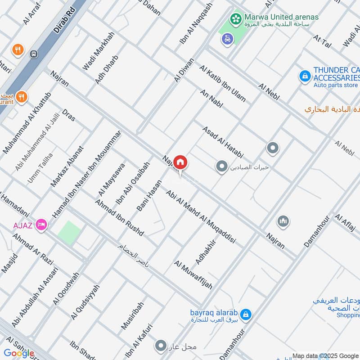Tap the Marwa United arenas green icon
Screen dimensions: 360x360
[234, 18]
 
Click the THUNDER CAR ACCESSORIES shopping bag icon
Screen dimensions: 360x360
[305, 76]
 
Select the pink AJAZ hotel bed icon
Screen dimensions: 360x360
[41, 224]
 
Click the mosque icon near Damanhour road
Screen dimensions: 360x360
[283, 221]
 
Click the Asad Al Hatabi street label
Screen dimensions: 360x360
[223, 141]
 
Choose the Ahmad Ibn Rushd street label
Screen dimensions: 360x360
[119, 217]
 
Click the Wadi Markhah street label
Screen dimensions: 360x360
[99, 50]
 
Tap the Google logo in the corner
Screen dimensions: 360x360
[19, 353]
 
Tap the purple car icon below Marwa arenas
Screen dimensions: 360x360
[228, 39]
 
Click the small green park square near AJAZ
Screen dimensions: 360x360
[69, 233]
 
